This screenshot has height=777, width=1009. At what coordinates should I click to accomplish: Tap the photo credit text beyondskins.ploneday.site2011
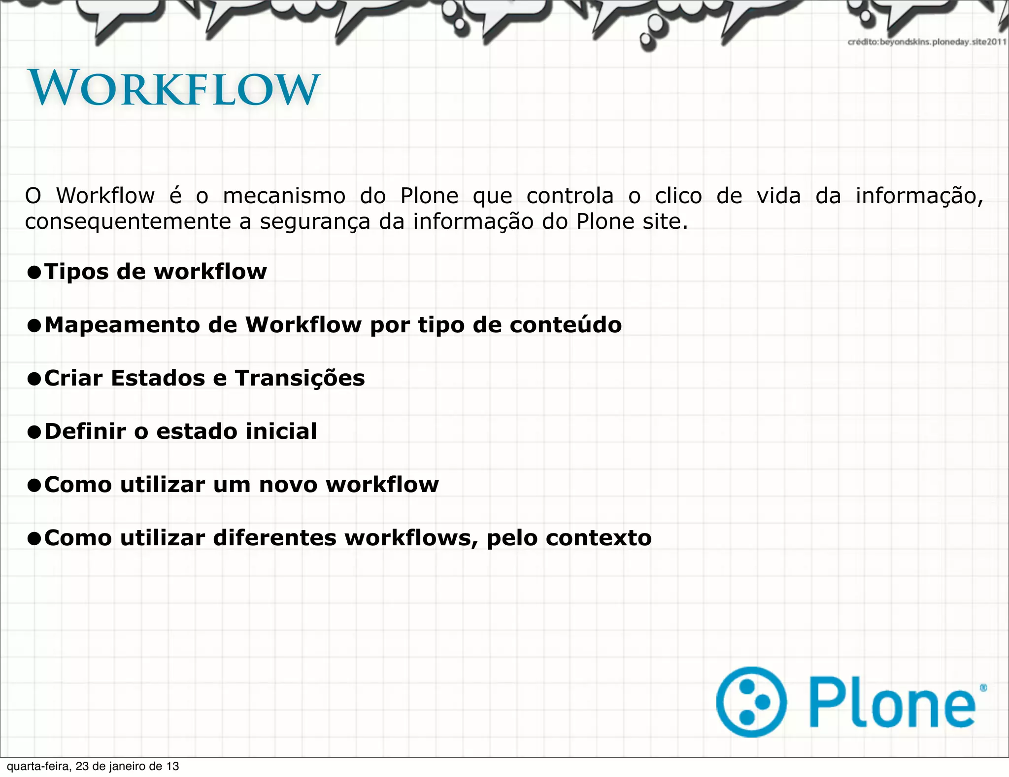click(926, 42)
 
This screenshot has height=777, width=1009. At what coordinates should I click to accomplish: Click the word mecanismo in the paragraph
click(284, 196)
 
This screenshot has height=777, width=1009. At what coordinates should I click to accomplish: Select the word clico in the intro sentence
click(678, 196)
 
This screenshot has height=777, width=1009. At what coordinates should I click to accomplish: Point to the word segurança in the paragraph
click(315, 222)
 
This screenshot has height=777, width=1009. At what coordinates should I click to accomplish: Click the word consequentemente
click(128, 222)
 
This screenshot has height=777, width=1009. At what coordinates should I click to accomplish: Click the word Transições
click(300, 378)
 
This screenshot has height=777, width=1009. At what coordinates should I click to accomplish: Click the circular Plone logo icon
click(751, 702)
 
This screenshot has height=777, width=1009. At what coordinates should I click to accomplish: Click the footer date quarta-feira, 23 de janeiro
click(93, 766)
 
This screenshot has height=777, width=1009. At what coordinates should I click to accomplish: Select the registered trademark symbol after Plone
click(983, 688)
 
